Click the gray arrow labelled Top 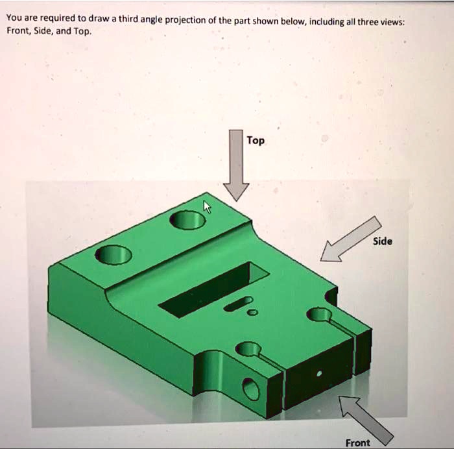pos(236,166)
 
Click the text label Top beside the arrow pos(256,141)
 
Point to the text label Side pos(382,241)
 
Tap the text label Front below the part pos(357,443)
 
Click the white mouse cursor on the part pos(208,206)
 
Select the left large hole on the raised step pos(113,254)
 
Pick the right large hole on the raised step pos(187,221)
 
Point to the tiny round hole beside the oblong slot pos(253,313)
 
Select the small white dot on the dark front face pos(318,374)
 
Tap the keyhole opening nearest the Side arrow pos(319,315)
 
